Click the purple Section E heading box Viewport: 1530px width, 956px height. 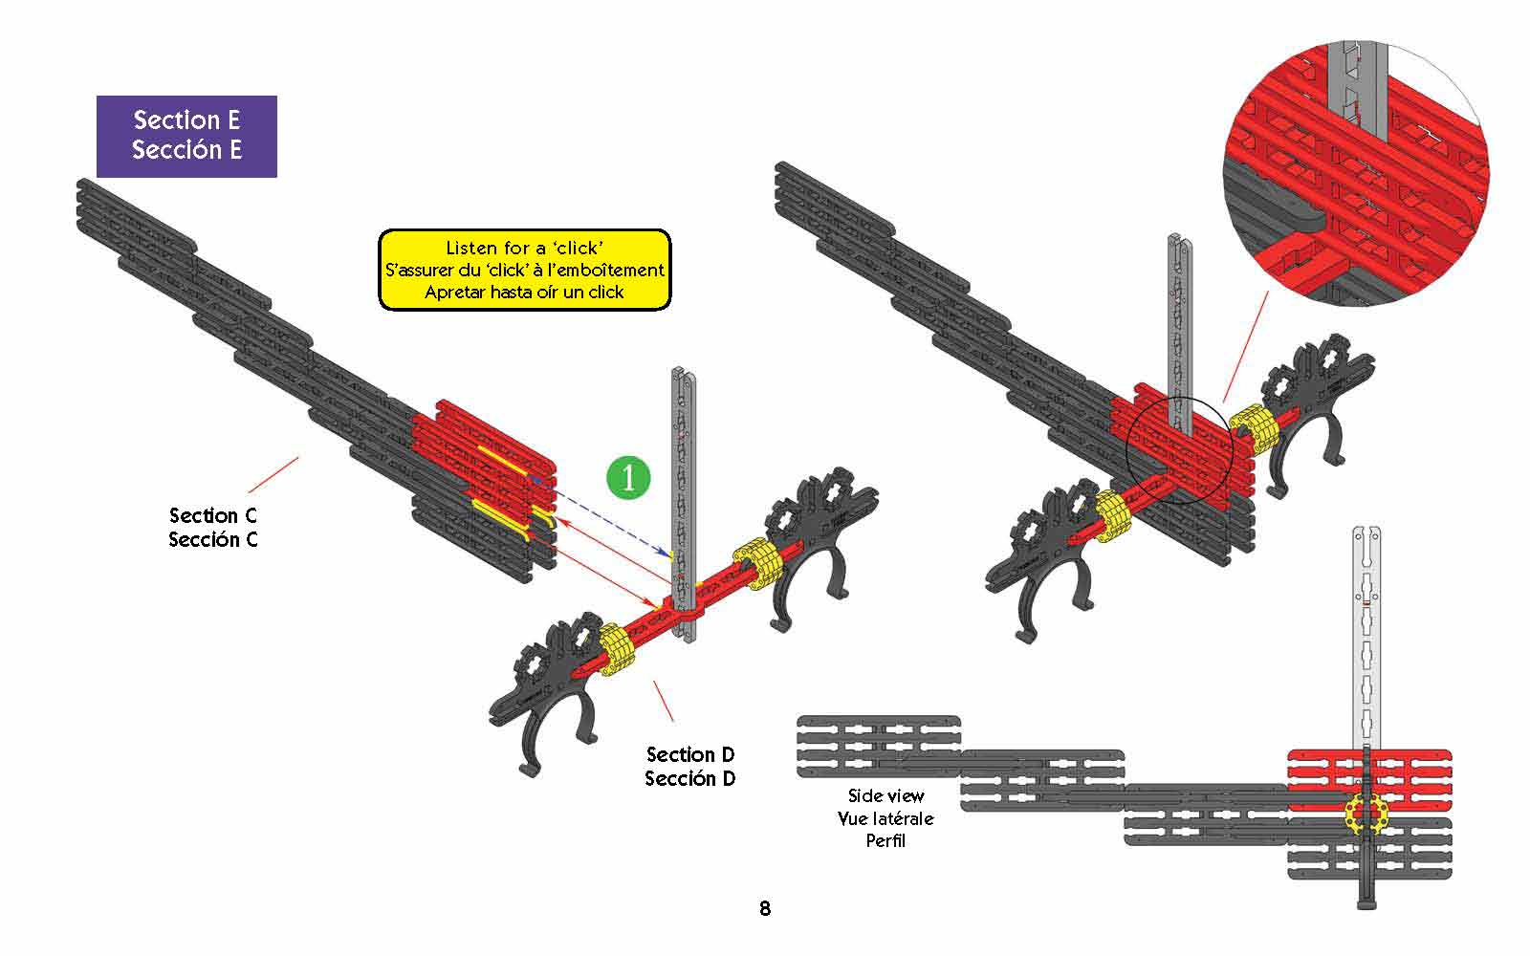[x=186, y=137]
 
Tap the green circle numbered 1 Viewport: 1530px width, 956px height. [x=628, y=477]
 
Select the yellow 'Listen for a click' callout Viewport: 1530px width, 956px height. [x=525, y=270]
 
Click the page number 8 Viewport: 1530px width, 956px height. [x=765, y=908]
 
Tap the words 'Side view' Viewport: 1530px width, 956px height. [x=885, y=795]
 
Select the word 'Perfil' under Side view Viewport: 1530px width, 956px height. [x=885, y=840]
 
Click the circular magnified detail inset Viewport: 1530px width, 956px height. [x=1356, y=173]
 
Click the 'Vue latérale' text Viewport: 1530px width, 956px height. [x=885, y=818]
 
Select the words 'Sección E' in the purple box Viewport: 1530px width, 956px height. [x=186, y=149]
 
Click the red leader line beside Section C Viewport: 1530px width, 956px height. [x=273, y=474]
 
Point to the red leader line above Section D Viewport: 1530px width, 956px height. [x=664, y=701]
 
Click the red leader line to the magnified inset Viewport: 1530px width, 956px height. [x=1246, y=346]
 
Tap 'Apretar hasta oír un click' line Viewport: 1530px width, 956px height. [x=525, y=293]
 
